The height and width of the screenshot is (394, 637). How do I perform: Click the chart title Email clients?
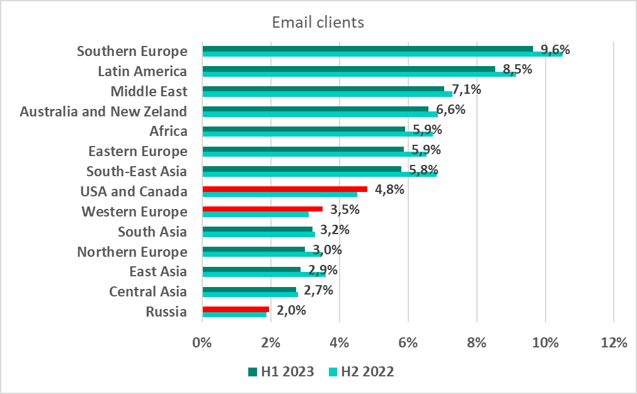[x=318, y=23]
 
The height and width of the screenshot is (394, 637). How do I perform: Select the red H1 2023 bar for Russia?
[x=236, y=309]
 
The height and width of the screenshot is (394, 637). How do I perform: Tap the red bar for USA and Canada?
[x=284, y=189]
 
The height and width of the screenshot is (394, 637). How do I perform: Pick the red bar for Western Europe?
[x=262, y=209]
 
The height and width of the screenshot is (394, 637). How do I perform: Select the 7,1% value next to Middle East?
[x=467, y=89]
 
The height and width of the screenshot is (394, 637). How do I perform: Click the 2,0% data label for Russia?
[x=292, y=310]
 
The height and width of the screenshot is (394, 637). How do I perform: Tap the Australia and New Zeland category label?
[x=103, y=112]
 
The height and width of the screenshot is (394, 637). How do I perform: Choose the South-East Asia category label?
[x=137, y=172]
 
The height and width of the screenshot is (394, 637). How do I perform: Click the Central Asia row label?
[x=148, y=292]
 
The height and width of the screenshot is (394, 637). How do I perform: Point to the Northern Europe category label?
[x=132, y=252]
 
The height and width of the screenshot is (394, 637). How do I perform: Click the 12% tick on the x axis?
[x=614, y=343]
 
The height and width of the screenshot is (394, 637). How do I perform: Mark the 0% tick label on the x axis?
[x=202, y=343]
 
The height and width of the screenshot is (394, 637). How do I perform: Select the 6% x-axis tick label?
[x=408, y=343]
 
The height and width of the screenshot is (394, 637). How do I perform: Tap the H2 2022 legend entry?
[x=362, y=372]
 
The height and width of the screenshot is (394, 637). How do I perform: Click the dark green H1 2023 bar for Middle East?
[x=323, y=89]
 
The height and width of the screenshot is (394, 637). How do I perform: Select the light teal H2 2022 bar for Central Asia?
[x=250, y=295]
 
